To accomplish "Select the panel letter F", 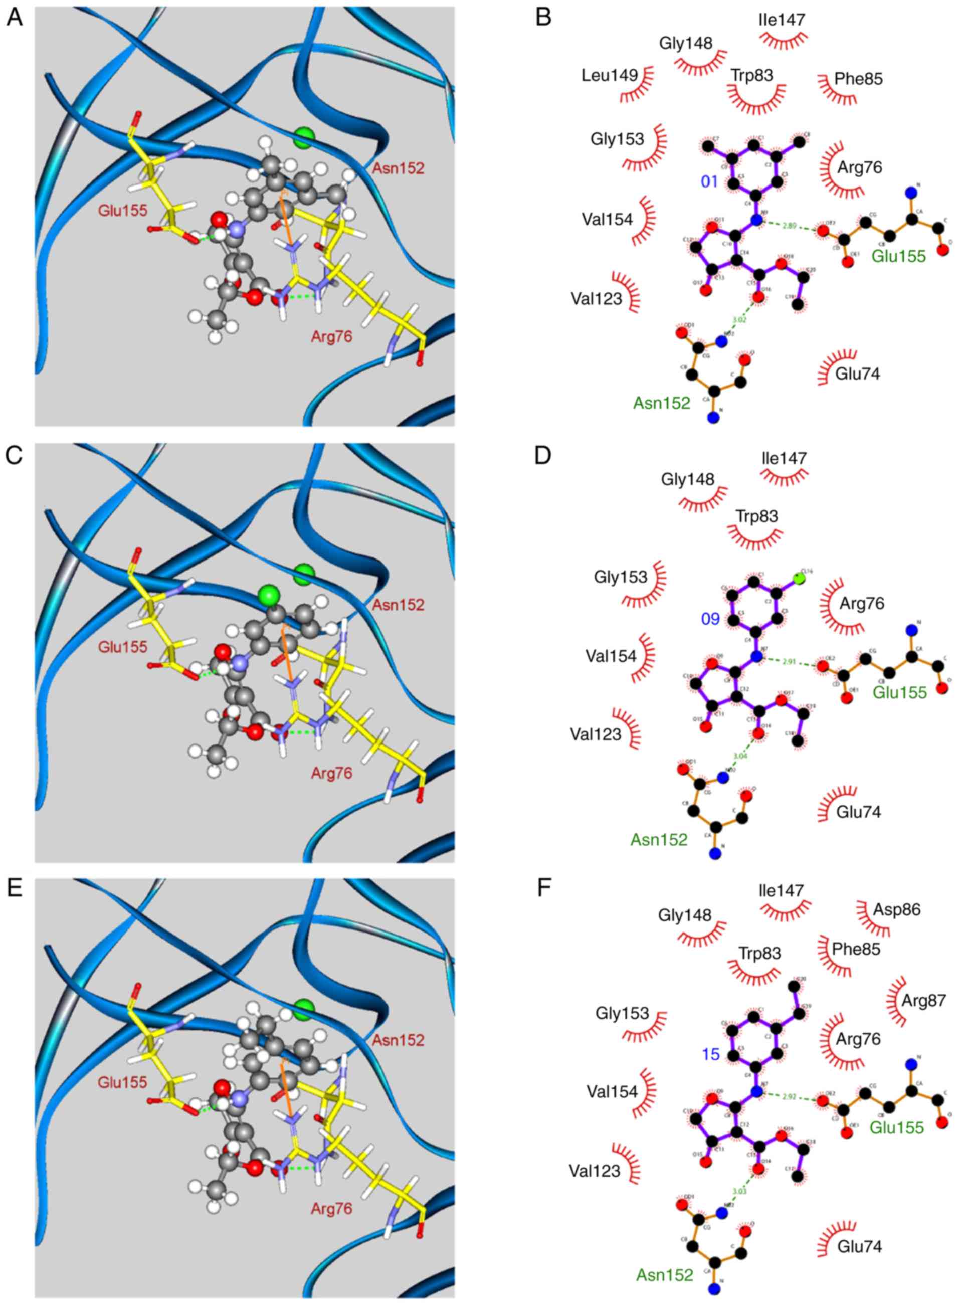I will [544, 889].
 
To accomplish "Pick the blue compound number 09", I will [710, 619].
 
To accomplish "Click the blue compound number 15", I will [710, 1054].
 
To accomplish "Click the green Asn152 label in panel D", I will [659, 839].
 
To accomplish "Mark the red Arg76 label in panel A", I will [331, 337].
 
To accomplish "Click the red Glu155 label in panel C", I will [122, 646].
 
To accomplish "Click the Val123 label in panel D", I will [596, 734].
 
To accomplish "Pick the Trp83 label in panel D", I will [756, 516].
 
